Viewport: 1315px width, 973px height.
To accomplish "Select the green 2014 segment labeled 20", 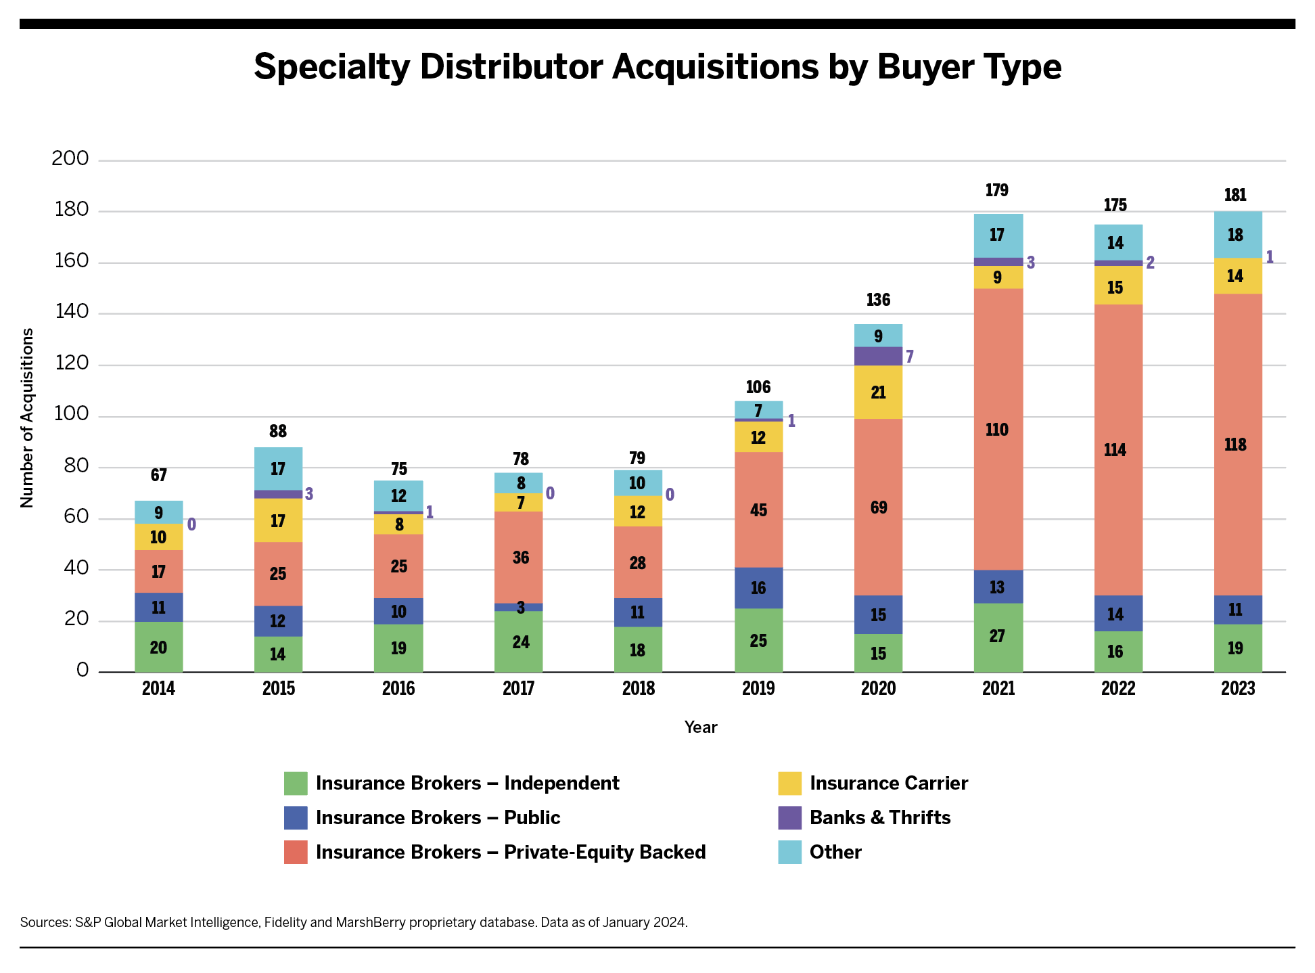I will point(158,647).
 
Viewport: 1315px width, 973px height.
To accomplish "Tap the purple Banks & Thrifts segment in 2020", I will point(878,356).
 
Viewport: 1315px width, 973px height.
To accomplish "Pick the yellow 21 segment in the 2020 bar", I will point(878,392).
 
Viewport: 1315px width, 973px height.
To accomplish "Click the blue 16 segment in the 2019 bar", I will point(758,587).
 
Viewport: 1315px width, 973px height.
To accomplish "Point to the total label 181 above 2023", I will point(1235,196).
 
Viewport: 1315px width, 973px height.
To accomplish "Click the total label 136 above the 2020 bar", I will point(878,300).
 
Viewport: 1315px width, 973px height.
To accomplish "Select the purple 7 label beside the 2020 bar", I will point(910,357).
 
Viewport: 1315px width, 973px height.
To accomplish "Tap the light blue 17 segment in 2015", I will point(278,468).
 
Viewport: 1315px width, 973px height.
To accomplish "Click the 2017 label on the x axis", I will point(518,689).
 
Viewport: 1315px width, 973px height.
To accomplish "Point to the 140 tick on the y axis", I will point(72,312).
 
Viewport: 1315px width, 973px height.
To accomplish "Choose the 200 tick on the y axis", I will point(70,159).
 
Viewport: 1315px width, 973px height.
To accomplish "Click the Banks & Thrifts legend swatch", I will point(789,817).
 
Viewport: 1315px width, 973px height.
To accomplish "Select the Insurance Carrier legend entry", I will point(888,783).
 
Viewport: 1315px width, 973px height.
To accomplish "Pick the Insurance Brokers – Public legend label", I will point(438,817).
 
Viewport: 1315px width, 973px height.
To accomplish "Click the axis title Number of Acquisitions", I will point(27,417).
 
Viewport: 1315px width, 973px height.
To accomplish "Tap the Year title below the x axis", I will point(700,727).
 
